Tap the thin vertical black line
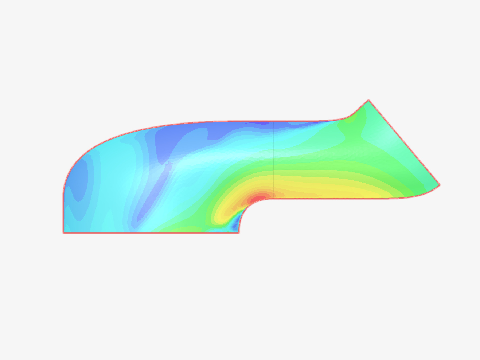(x=273, y=160)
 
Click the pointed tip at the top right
(x=368, y=100)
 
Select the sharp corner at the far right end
(x=440, y=185)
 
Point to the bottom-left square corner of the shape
(x=63, y=232)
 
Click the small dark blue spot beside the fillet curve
(x=235, y=226)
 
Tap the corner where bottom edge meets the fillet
(x=239, y=232)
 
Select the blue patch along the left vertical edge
(x=78, y=182)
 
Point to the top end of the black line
(x=273, y=122)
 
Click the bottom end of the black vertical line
(x=273, y=197)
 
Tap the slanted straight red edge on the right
(x=405, y=143)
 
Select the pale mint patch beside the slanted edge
(x=383, y=137)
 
